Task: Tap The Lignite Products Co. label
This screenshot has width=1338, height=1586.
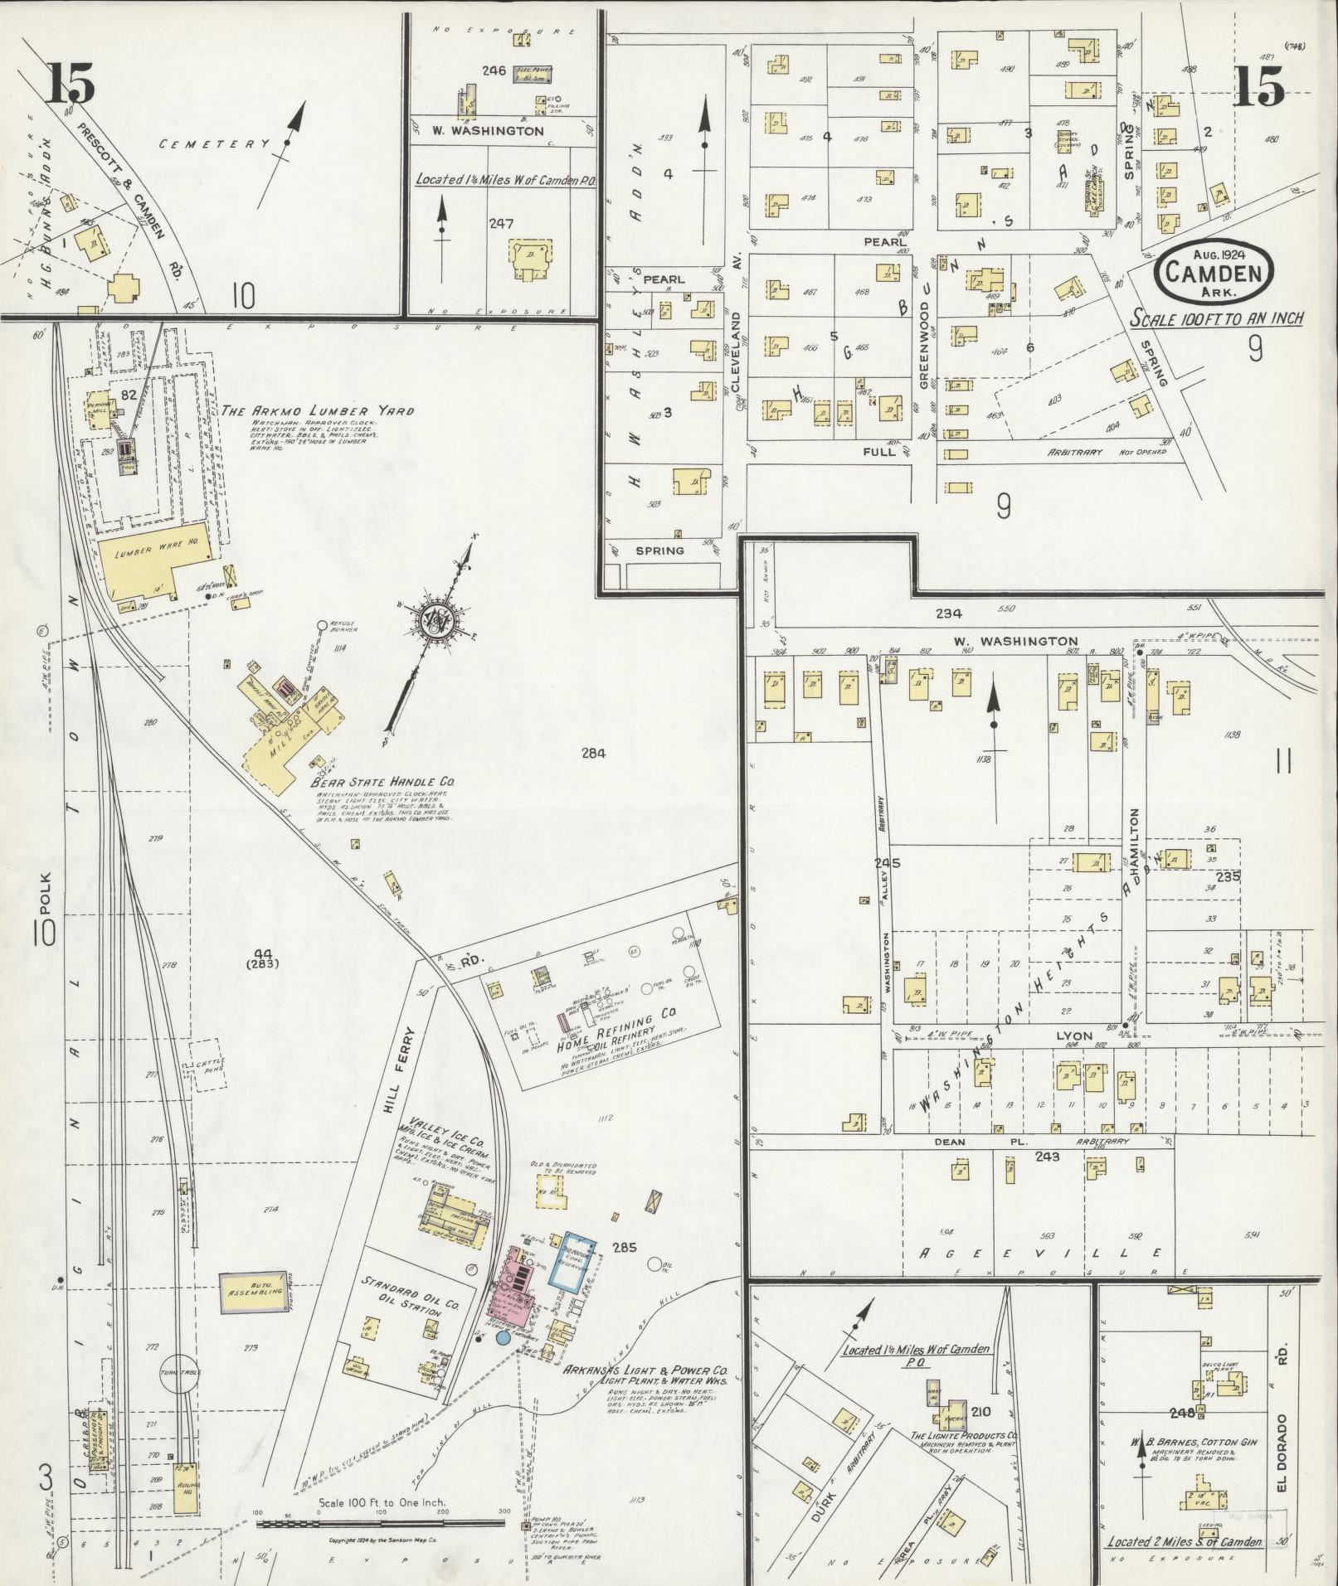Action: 965,1435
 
